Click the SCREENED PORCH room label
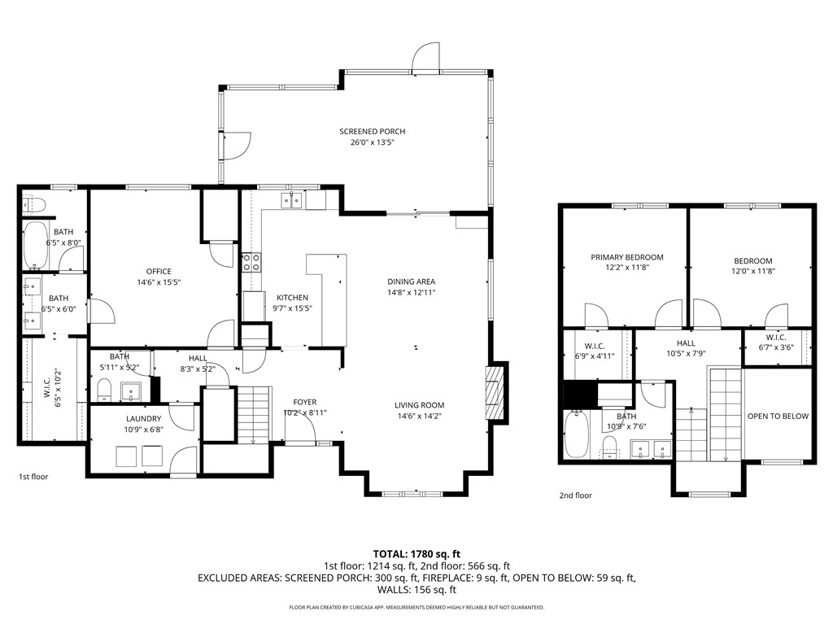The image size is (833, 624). tap(372, 132)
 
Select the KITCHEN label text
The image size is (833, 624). tap(292, 298)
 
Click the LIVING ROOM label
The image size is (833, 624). tap(419, 405)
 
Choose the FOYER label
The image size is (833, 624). tap(305, 402)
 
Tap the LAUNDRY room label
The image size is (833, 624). tap(142, 419)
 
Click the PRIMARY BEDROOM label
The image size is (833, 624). tap(626, 257)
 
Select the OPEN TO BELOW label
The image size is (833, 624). tap(778, 417)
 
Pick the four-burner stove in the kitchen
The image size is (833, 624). tap(252, 262)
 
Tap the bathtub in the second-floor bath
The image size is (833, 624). tap(576, 434)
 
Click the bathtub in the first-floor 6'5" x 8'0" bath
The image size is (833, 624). tap(34, 244)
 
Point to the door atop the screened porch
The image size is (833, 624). tap(425, 57)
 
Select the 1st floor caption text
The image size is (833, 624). tap(34, 477)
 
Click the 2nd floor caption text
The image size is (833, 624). tap(575, 495)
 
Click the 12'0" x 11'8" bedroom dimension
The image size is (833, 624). tap(752, 271)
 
